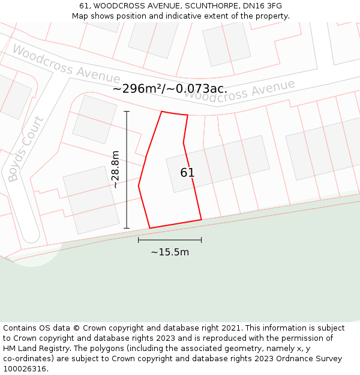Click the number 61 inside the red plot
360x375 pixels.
click(187, 173)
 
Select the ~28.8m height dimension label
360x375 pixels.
click(115, 170)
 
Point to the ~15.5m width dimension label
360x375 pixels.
click(170, 252)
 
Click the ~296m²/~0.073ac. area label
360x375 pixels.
click(170, 89)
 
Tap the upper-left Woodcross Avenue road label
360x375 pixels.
click(66, 64)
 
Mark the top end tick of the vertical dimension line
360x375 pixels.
click(127, 112)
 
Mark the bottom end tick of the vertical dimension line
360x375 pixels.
click(127, 228)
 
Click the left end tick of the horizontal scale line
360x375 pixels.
click(139, 240)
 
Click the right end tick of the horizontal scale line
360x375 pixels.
click(201, 240)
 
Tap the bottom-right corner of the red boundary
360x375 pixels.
click(201, 220)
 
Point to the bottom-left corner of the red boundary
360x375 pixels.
click(149, 228)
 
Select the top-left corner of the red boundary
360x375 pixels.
click(161, 112)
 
